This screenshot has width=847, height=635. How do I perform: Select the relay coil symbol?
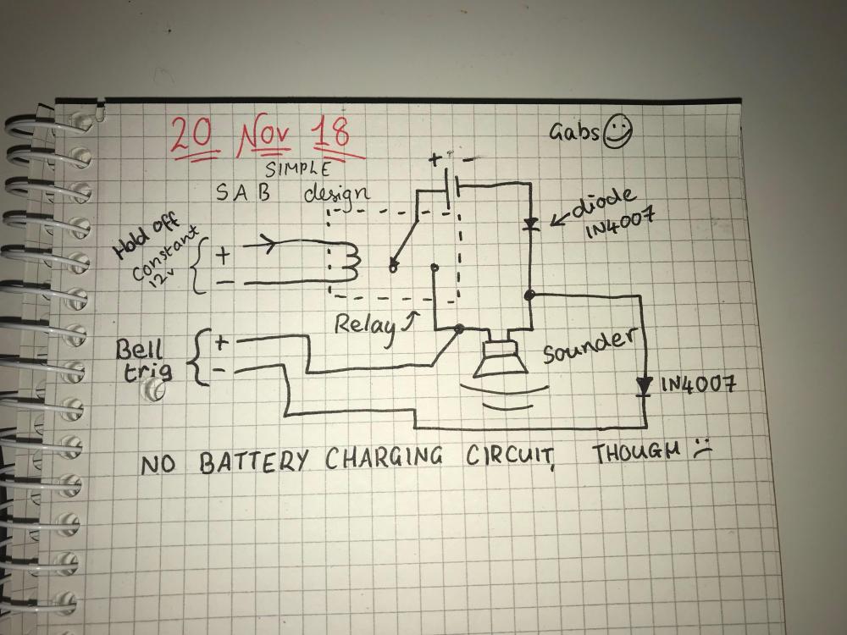(347, 264)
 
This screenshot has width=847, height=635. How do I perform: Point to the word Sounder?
(587, 345)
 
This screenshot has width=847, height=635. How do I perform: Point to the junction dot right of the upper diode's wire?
(529, 295)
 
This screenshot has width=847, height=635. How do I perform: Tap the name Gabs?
(575, 133)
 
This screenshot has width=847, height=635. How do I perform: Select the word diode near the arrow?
(603, 202)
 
